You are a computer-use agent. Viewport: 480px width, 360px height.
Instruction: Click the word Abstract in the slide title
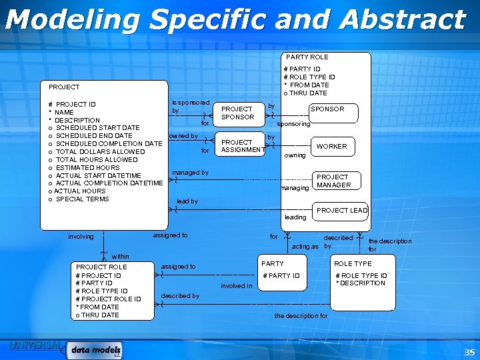click(x=401, y=20)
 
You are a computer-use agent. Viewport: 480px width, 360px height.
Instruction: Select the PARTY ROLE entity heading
click(x=307, y=57)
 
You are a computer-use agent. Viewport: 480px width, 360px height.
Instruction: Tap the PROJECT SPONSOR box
click(x=237, y=113)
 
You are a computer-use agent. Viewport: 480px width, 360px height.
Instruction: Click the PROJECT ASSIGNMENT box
click(x=242, y=146)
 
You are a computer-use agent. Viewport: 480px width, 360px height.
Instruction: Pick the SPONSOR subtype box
click(x=327, y=109)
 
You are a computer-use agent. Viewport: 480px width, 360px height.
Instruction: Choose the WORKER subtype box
click(x=331, y=146)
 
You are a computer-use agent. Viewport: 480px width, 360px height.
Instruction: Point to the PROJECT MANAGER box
click(x=333, y=181)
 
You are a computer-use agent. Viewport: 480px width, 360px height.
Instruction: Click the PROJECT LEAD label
click(x=342, y=211)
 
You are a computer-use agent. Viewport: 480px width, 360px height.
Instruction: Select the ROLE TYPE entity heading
click(x=353, y=264)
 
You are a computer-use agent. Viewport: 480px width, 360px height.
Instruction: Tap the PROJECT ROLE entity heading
click(x=101, y=267)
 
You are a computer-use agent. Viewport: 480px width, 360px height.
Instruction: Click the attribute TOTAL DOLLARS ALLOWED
click(x=100, y=152)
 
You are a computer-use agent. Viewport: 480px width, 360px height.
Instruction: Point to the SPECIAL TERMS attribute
click(x=82, y=199)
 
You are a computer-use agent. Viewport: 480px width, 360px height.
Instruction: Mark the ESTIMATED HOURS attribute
click(x=87, y=168)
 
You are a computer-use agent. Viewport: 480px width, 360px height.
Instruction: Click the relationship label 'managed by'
click(x=190, y=173)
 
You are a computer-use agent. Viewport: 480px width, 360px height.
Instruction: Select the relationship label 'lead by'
click(x=187, y=201)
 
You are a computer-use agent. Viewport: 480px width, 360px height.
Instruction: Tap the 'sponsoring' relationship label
click(x=293, y=124)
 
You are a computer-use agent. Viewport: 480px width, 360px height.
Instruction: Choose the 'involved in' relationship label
click(x=236, y=287)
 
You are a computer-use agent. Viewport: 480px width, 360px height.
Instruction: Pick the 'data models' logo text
click(x=96, y=349)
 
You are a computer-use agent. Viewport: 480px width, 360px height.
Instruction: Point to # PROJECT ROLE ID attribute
click(x=108, y=299)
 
